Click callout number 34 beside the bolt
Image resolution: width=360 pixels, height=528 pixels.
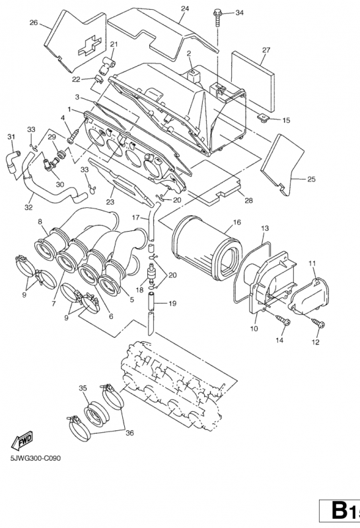point(238,13)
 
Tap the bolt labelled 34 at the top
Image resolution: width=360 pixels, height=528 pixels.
point(217,16)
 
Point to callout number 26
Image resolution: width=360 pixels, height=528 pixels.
point(33,22)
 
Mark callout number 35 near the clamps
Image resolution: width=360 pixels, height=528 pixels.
point(83,387)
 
